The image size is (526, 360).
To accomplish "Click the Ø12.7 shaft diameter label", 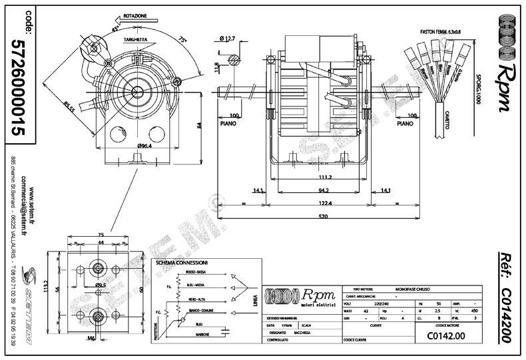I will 230,38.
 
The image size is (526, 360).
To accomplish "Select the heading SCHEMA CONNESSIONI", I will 182,263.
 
